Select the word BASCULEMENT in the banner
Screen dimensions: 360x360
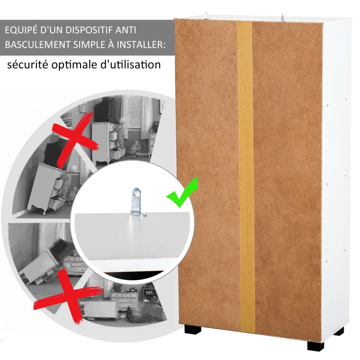click(38, 45)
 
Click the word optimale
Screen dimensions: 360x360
click(76, 65)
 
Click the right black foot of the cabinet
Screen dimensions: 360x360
click(315, 345)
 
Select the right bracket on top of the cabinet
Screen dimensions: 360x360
click(283, 17)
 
